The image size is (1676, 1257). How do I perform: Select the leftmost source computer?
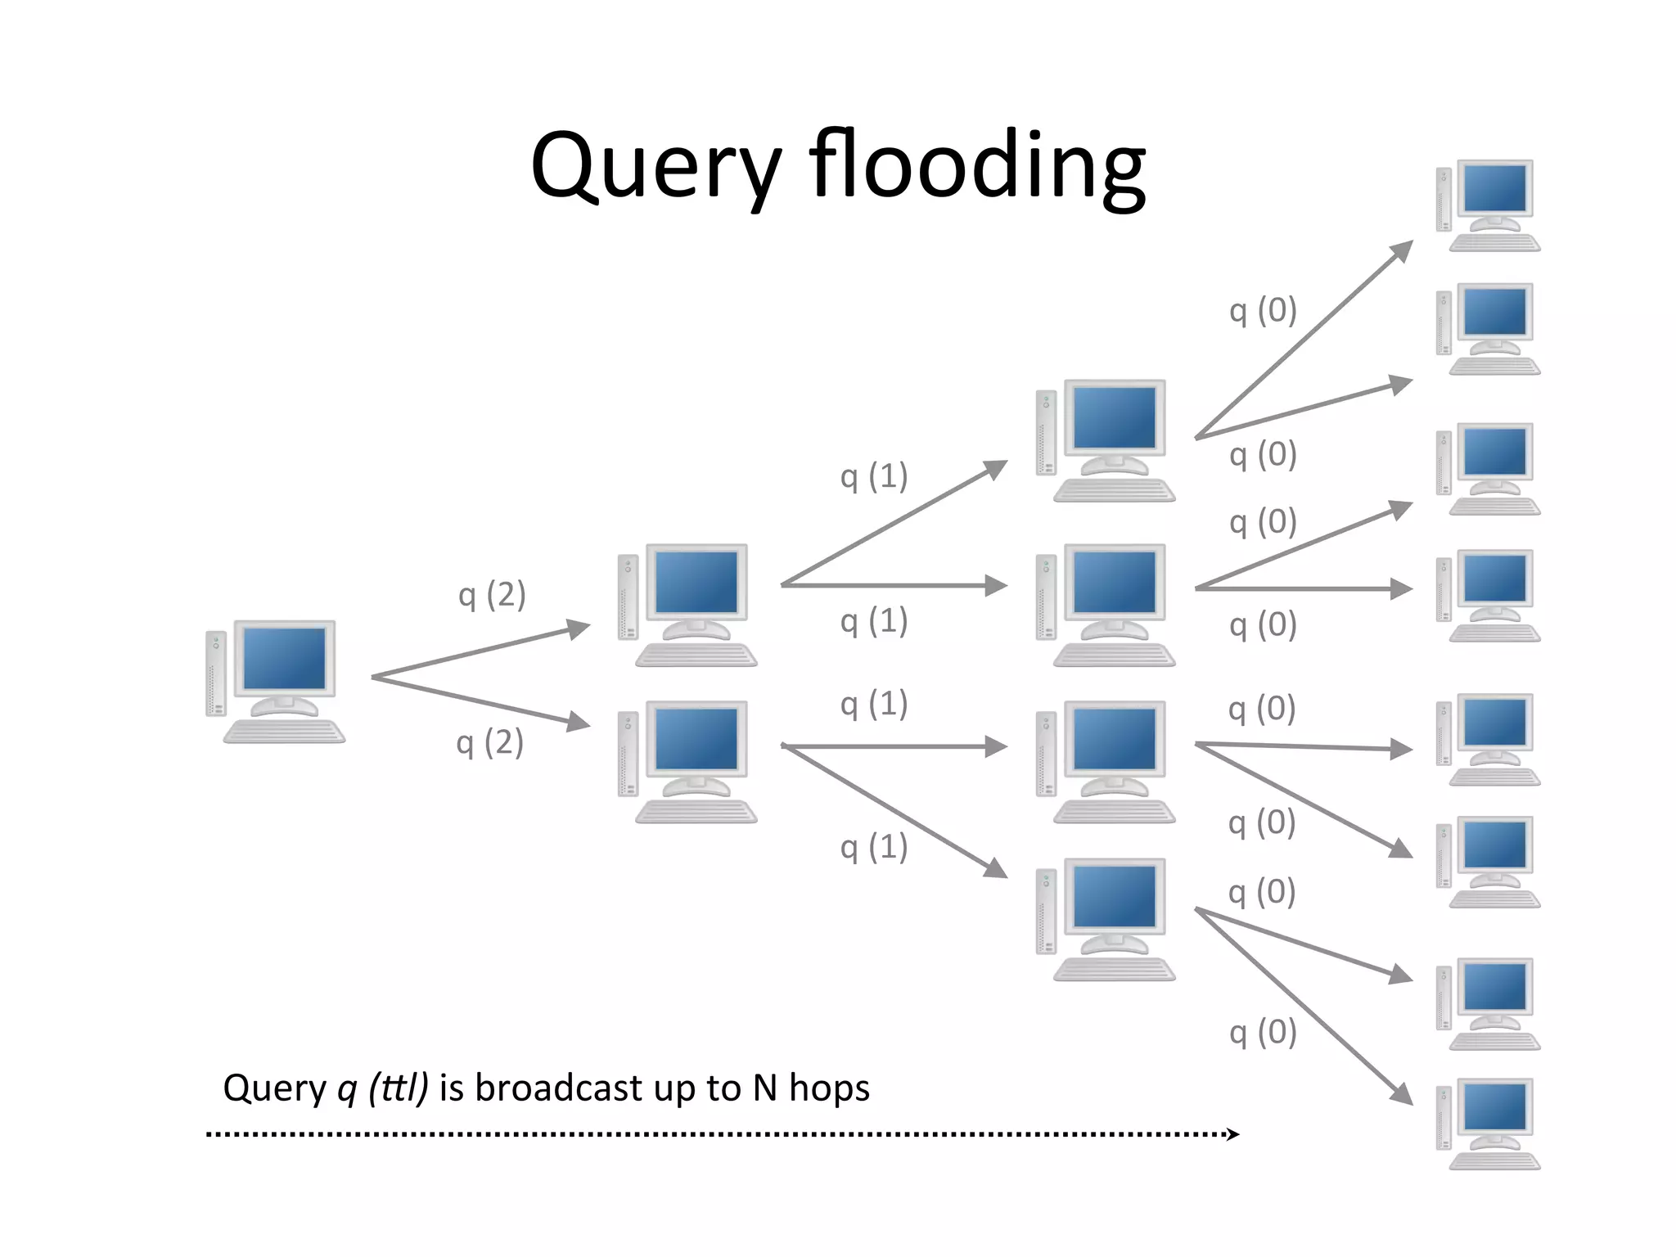pos(276,681)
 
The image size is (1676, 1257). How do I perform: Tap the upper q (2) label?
pos(492,595)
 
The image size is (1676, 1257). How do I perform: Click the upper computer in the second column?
pos(688,605)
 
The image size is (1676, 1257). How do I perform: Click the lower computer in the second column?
pos(688,762)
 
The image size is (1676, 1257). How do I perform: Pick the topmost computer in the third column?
pos(1106,440)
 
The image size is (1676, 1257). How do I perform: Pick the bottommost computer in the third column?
pos(1106,919)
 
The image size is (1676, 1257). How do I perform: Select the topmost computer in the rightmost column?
pos(1489,205)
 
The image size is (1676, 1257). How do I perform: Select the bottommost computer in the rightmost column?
pos(1489,1124)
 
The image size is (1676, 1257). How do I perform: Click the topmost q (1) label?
pos(874,476)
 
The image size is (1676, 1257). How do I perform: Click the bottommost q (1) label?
pos(874,848)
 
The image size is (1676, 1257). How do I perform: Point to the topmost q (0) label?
pos(1263,311)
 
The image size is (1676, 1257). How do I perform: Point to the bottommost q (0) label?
pos(1263,1034)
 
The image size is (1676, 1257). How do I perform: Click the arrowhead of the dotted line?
pos(1233,1134)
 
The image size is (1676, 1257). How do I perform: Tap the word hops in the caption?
pos(829,1088)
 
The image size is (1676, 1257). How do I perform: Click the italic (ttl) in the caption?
pos(399,1088)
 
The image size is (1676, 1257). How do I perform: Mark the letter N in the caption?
pos(764,1088)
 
